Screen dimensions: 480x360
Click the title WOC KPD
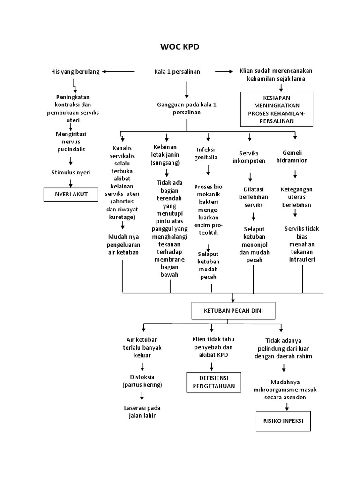point(180,47)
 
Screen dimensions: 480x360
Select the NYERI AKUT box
point(71,194)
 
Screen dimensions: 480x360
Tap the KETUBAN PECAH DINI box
point(233,310)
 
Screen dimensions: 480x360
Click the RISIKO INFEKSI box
point(283,421)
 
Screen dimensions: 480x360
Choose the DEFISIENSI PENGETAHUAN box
point(214,382)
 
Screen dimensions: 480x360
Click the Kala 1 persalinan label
point(177,72)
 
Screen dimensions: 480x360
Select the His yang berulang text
point(75,72)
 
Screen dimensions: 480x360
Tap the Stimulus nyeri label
point(71,172)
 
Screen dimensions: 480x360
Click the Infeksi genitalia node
point(206,153)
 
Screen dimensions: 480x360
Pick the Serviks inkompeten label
point(249,157)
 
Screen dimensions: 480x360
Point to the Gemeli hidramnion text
point(295,157)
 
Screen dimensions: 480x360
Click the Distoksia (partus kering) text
point(142,381)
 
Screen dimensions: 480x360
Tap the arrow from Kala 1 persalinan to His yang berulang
point(118,72)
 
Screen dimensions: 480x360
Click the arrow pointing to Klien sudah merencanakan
point(224,72)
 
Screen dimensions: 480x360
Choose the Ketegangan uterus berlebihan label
point(297,197)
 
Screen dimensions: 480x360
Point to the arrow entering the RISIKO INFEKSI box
point(286,407)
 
